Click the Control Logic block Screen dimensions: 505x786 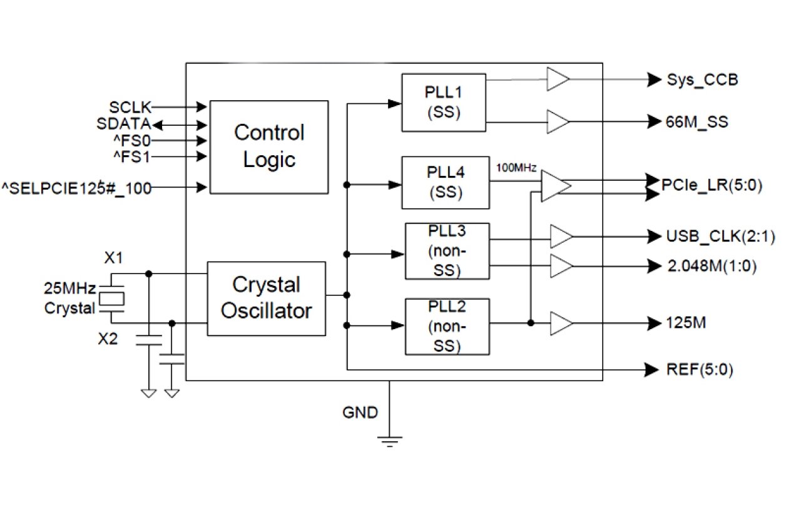coord(269,146)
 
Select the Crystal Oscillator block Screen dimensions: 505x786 coord(266,298)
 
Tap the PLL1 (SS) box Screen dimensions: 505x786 coord(444,103)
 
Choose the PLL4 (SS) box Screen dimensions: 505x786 coord(444,182)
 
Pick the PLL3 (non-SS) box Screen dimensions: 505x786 coord(447,251)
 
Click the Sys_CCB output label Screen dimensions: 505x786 coord(702,80)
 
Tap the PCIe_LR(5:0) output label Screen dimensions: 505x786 coord(712,186)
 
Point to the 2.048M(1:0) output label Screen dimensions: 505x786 coord(711,266)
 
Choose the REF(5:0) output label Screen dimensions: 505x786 coord(700,370)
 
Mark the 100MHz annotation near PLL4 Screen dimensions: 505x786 coord(516,168)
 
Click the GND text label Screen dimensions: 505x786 coord(360,412)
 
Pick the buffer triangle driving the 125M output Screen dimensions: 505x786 coord(561,324)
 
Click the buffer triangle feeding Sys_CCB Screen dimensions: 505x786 coord(557,79)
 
